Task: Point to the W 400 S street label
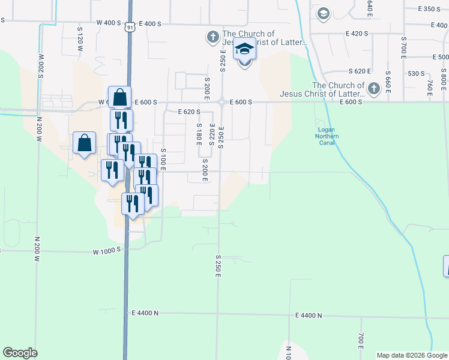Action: click(109, 23)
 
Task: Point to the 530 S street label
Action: click(417, 73)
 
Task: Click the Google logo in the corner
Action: click(20, 353)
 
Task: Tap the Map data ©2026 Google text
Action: click(412, 355)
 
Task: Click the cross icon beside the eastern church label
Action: click(373, 89)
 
